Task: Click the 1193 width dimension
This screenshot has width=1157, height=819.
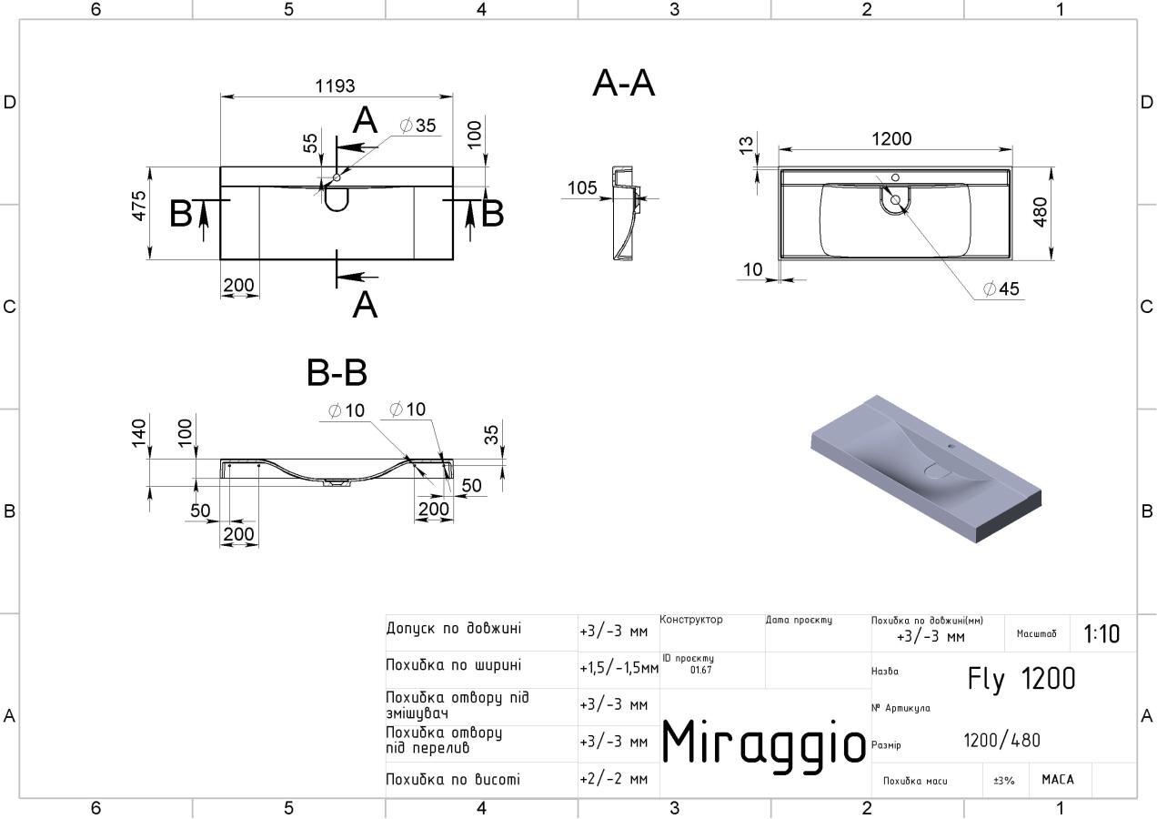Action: tap(335, 86)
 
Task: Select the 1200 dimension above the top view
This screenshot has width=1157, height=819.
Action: tap(890, 138)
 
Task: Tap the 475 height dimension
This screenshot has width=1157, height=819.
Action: tap(138, 211)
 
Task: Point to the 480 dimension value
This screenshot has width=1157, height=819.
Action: tap(1041, 211)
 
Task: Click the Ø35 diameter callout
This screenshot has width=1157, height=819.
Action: tap(418, 126)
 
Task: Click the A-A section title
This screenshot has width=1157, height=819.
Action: tap(623, 83)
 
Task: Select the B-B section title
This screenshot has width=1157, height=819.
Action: tap(337, 372)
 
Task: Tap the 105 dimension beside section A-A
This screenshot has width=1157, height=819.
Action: tap(582, 187)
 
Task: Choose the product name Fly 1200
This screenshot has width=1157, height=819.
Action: tap(1021, 679)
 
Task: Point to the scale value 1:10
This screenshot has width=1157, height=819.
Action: tap(1102, 633)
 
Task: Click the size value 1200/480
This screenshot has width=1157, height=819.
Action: tap(1001, 741)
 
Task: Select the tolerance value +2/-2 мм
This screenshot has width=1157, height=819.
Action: tap(613, 780)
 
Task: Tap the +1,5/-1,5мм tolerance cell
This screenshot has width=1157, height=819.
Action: tap(619, 669)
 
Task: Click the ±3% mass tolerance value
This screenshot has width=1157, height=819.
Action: tap(1003, 781)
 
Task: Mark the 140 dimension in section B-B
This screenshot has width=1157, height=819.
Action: tap(139, 433)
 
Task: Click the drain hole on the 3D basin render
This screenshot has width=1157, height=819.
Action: tap(935, 470)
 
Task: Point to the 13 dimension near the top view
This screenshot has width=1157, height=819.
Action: tap(746, 145)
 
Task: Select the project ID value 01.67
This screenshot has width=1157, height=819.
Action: tap(700, 670)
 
